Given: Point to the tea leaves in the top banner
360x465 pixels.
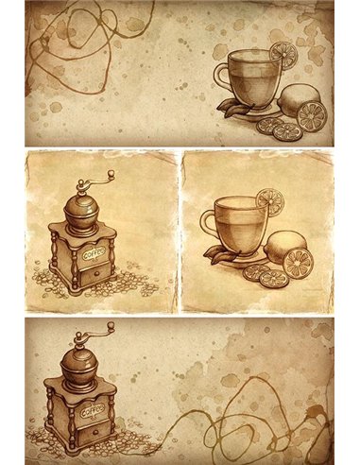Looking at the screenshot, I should coord(231,107).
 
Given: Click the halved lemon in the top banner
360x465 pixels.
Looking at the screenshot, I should coord(312,115).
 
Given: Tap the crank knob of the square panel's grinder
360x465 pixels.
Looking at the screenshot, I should coord(111,175).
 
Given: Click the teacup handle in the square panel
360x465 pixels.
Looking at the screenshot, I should coord(205,223).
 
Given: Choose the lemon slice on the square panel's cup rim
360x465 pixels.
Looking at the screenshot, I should coord(269,201).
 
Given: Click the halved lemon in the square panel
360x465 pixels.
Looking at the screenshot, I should coord(299,263).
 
